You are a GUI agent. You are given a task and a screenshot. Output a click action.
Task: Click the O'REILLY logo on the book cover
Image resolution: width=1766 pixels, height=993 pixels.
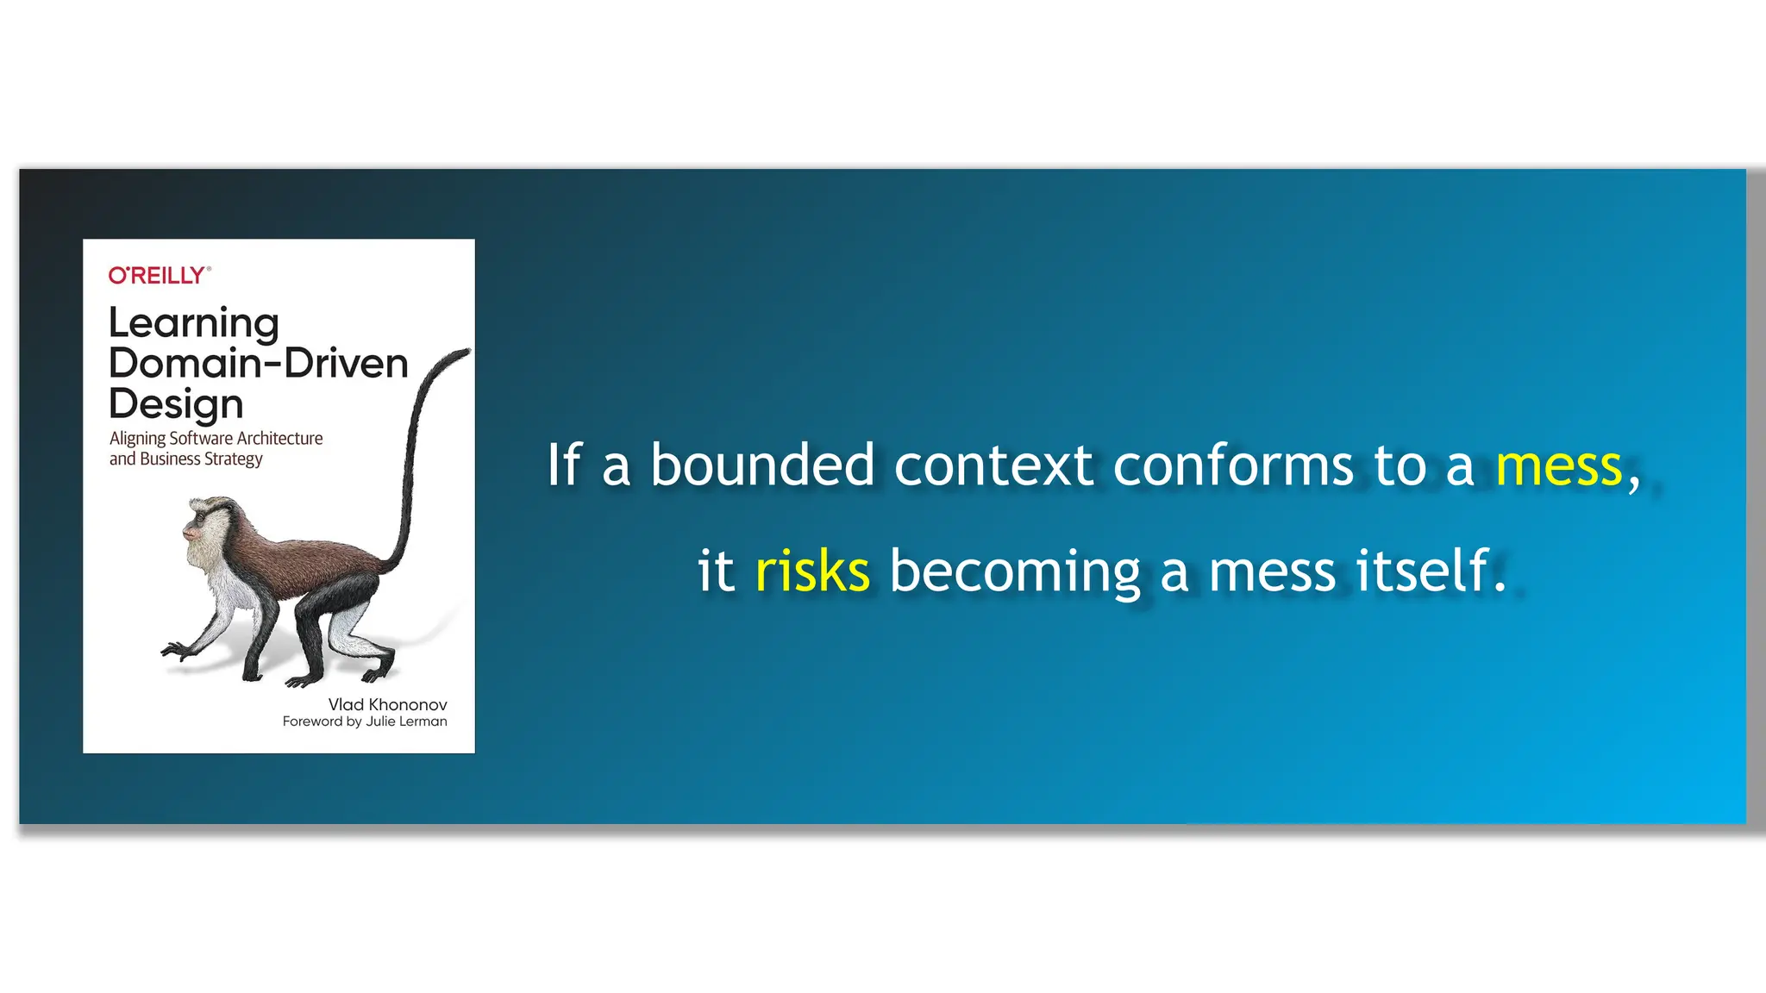pyautogui.click(x=159, y=275)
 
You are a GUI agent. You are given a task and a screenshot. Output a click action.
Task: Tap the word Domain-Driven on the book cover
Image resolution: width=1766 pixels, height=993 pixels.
pyautogui.click(x=258, y=364)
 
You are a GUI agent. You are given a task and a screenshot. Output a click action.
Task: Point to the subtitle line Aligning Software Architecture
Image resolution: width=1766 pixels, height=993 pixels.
pyautogui.click(x=216, y=438)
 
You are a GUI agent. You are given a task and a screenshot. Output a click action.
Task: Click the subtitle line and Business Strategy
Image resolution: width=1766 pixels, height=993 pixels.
pyautogui.click(x=185, y=459)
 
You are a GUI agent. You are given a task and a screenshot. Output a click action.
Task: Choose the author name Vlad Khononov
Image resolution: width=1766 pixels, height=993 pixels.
pyautogui.click(x=387, y=704)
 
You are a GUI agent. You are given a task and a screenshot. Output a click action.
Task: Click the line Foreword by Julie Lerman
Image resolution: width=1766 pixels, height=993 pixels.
pyautogui.click(x=365, y=721)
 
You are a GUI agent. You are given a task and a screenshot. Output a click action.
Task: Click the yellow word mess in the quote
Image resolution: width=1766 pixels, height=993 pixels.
pyautogui.click(x=1558, y=466)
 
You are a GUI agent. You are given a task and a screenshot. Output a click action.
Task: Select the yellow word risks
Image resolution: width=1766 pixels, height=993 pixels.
pyautogui.click(x=812, y=571)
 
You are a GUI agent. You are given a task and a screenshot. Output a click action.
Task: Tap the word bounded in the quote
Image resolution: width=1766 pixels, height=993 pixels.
pyautogui.click(x=762, y=465)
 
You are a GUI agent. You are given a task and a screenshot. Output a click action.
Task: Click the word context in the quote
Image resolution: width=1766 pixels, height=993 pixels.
pyautogui.click(x=993, y=466)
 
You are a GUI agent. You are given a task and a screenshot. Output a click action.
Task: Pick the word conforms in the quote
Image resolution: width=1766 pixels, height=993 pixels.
pyautogui.click(x=1233, y=466)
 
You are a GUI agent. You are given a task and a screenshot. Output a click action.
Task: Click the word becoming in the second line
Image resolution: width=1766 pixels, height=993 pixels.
pyautogui.click(x=1015, y=572)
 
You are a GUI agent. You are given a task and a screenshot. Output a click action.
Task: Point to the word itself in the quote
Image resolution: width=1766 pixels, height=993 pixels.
pyautogui.click(x=1423, y=571)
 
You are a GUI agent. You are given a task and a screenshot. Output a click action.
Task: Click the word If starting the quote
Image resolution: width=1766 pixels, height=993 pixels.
pyautogui.click(x=565, y=465)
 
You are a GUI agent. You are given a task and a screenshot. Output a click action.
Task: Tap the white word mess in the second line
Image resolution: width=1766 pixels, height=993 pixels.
pyautogui.click(x=1272, y=572)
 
